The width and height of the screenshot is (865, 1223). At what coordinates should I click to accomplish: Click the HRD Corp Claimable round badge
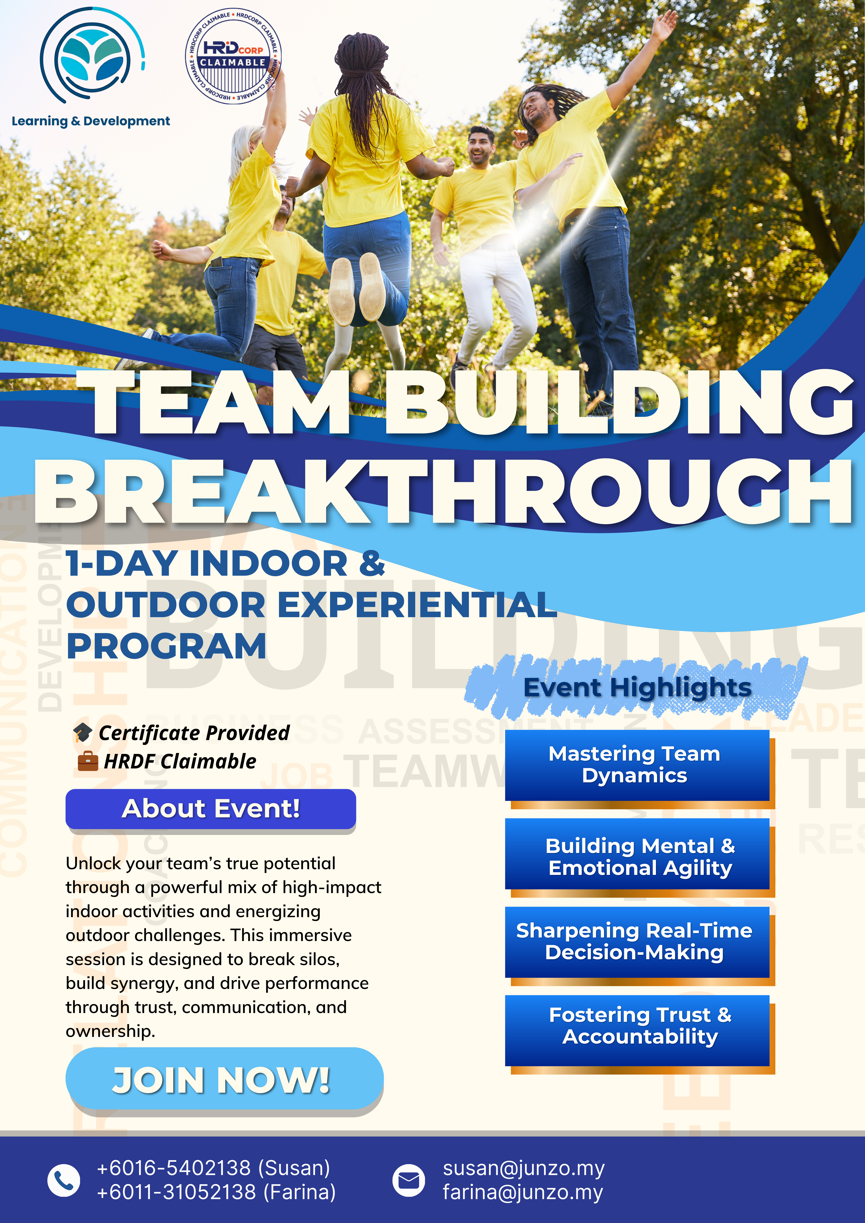233,55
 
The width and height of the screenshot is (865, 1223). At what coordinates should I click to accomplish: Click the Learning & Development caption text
91,122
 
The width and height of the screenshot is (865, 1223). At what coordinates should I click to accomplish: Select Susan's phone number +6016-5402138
213,1168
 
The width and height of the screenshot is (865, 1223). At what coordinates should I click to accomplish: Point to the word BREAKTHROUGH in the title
442,493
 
